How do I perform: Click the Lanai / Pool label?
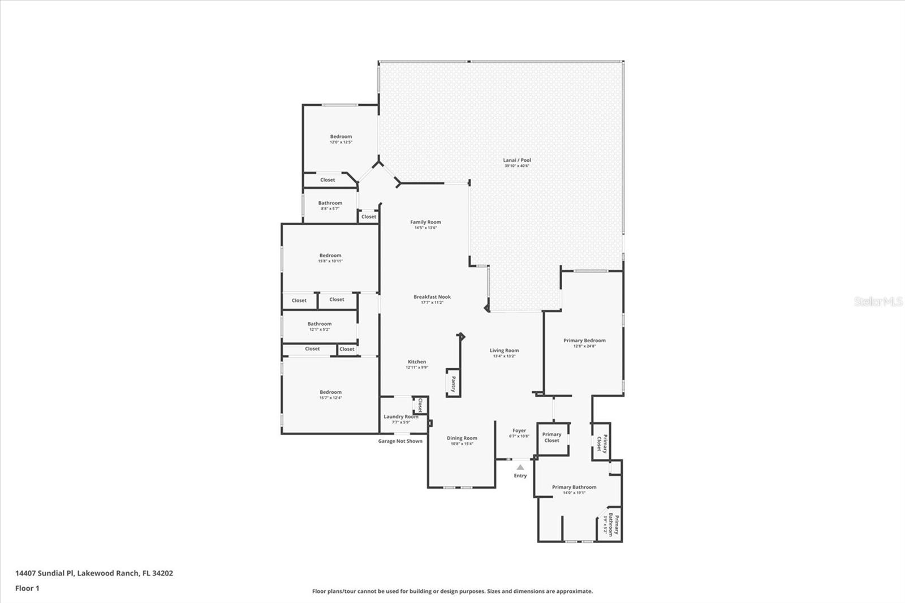point(517,161)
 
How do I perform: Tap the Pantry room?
point(453,384)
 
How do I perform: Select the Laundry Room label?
point(400,417)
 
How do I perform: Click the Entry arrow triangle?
point(520,467)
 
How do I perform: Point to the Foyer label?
point(519,431)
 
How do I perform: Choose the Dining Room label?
point(462,438)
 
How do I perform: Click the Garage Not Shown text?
point(400,441)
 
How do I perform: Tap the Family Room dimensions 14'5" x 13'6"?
point(425,228)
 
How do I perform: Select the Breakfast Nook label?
point(432,297)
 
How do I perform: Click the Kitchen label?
point(417,362)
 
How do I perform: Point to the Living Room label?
point(504,351)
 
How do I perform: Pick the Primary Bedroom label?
point(584,341)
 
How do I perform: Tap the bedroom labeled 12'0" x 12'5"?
point(341,139)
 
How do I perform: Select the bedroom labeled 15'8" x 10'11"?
point(330,258)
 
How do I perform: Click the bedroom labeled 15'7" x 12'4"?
point(330,395)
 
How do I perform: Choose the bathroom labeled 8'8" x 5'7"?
point(330,205)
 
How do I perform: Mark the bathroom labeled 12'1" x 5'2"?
point(320,326)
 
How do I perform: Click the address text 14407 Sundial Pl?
point(45,573)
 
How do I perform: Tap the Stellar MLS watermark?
point(878,301)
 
